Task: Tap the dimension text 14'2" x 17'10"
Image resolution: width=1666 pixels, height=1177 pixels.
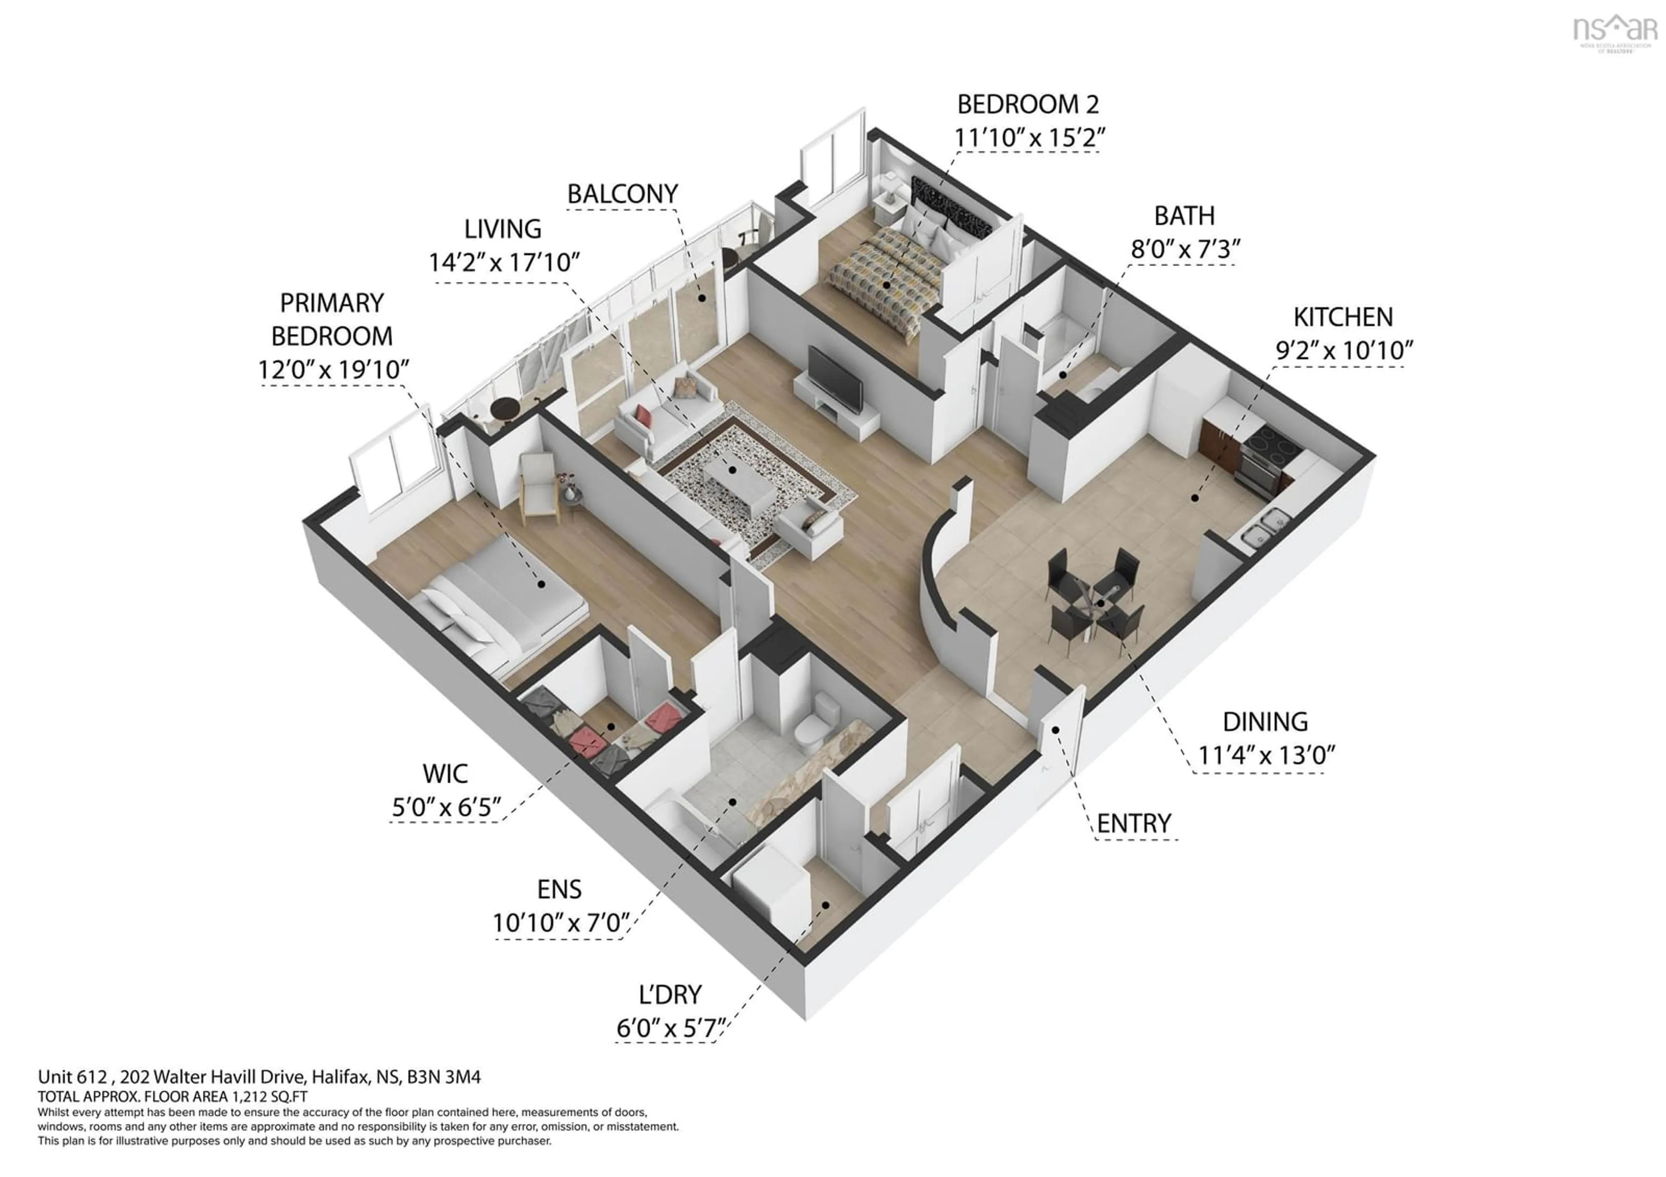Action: [504, 262]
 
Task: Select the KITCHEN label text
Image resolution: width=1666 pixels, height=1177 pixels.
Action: [1343, 317]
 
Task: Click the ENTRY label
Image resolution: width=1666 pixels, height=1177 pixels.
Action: [1133, 824]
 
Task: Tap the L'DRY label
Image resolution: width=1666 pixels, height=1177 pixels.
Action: [670, 994]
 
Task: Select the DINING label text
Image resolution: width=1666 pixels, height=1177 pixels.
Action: [1265, 723]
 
